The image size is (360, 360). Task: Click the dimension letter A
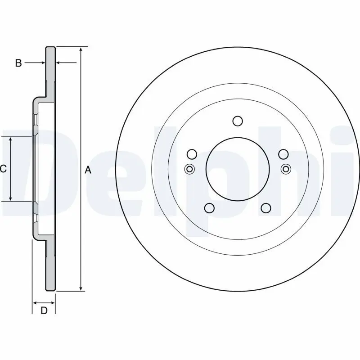pos(88,170)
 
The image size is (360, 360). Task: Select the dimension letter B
pos(18,63)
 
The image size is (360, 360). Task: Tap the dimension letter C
pos(3,169)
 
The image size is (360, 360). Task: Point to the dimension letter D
pos(44,310)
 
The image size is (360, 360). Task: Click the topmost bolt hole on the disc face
pos(238,121)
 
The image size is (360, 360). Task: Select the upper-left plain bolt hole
pos(192,154)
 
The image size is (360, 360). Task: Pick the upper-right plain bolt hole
pos(283,154)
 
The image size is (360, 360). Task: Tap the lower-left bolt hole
pos(209,207)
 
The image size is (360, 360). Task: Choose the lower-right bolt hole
pos(266,207)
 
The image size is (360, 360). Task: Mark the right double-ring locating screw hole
pos(285,169)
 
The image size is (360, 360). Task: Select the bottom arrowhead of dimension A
pos(81,288)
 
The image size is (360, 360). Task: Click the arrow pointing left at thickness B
pos(59,63)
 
